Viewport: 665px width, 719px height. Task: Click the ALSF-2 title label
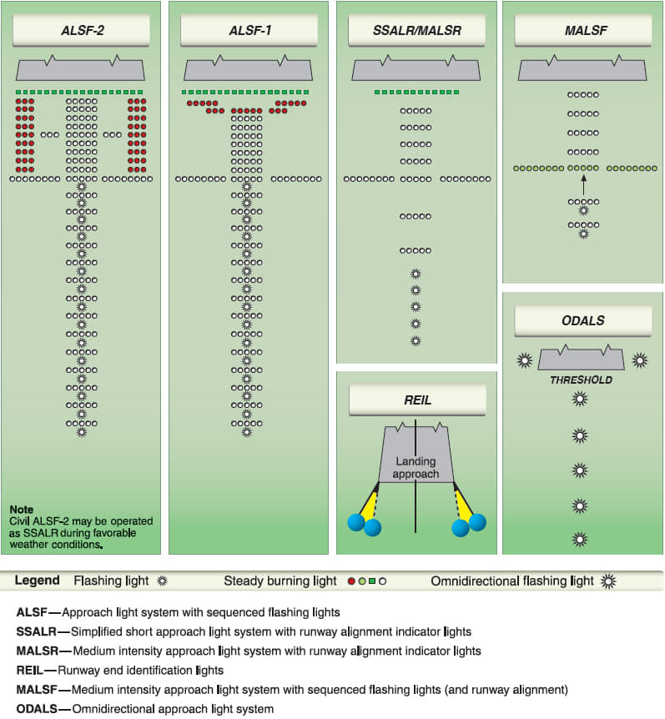pyautogui.click(x=81, y=31)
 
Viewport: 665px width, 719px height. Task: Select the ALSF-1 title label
pyautogui.click(x=248, y=31)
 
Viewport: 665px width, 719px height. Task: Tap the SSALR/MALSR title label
pyautogui.click(x=416, y=31)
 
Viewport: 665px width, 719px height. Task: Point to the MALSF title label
pyautogui.click(x=582, y=31)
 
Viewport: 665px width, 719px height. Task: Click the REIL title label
pyautogui.click(x=416, y=400)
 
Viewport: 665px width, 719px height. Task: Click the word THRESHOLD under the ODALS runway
pyautogui.click(x=581, y=380)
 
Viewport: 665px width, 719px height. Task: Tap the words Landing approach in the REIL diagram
pyautogui.click(x=416, y=468)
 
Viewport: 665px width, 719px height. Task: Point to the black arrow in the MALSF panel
pyautogui.click(x=582, y=189)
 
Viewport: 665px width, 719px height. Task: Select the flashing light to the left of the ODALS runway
pyautogui.click(x=525, y=360)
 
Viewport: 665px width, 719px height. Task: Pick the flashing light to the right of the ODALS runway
pyautogui.click(x=639, y=360)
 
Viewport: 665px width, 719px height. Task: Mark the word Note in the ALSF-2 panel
pyautogui.click(x=22, y=509)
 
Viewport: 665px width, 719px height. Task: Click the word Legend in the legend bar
pyautogui.click(x=37, y=581)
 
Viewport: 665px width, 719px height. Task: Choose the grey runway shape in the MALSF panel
pyautogui.click(x=582, y=68)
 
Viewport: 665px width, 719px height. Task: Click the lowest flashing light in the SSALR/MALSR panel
pyautogui.click(x=416, y=340)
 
